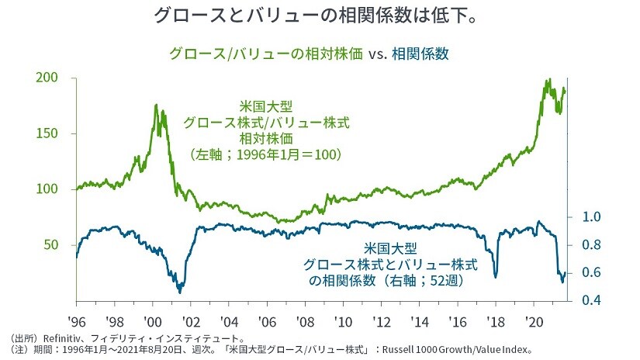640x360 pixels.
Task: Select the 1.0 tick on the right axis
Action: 586,217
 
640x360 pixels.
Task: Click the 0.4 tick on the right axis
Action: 586,300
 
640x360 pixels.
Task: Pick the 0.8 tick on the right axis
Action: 586,245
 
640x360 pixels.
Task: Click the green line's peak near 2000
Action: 156,105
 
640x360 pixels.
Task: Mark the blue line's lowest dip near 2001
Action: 180,292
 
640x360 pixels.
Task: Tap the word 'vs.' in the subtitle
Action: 375,54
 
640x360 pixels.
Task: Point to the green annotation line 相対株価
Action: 265,139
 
